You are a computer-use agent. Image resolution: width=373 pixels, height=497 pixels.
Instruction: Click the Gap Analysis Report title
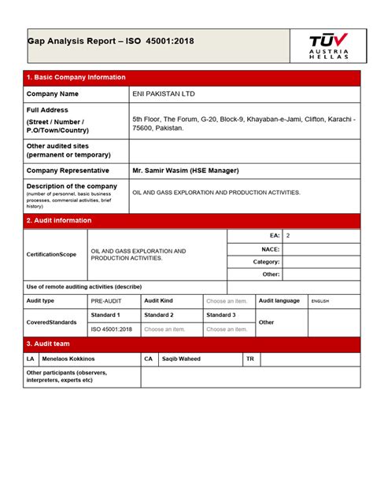coord(110,41)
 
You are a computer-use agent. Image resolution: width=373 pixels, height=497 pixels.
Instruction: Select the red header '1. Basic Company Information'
coord(76,78)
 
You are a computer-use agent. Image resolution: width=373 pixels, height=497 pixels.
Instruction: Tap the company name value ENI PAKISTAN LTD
coord(163,94)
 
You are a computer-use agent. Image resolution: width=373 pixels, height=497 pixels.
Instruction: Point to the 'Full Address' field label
coord(48,110)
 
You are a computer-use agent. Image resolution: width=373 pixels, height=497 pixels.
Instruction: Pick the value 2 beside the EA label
coord(288,236)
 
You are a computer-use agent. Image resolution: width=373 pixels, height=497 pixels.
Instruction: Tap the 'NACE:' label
coord(270,248)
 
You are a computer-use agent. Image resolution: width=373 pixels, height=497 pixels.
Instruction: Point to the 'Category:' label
coord(266,262)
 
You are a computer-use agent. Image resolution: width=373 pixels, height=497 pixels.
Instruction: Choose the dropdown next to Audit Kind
coord(227,301)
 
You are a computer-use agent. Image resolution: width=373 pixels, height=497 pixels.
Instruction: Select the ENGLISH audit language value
coord(320,301)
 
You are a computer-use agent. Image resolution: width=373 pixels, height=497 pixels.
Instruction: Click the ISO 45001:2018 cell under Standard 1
coord(112,329)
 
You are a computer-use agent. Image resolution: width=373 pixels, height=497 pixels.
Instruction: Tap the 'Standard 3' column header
coord(221,315)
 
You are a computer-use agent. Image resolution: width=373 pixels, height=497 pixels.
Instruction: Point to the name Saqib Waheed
coord(181,359)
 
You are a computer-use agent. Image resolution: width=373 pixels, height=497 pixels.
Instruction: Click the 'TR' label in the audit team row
coord(250,359)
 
